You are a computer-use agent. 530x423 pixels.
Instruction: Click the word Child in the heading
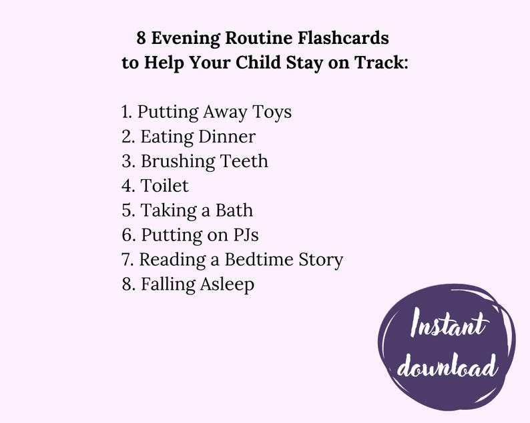pos(263,63)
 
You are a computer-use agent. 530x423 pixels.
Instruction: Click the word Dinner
pos(227,137)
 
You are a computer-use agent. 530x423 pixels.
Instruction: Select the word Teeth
pos(244,161)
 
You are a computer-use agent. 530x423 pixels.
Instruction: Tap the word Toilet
pos(165,185)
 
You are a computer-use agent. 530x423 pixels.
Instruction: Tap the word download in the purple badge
pos(448,367)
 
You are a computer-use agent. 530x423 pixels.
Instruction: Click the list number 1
pos(126,112)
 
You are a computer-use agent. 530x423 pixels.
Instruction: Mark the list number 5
pos(127,211)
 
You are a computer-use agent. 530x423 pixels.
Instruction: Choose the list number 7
pos(127,260)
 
